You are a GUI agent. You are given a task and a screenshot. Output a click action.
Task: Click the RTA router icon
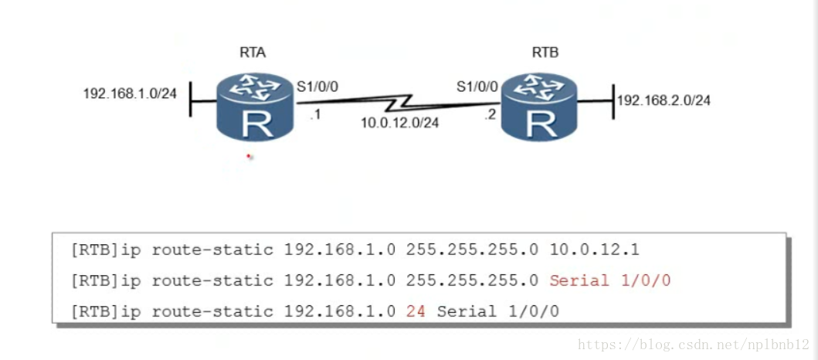click(x=256, y=107)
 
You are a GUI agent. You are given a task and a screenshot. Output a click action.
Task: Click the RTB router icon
click(x=539, y=107)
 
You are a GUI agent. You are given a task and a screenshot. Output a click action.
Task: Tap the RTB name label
click(x=545, y=53)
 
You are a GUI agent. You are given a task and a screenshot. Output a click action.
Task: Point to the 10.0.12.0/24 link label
click(x=399, y=121)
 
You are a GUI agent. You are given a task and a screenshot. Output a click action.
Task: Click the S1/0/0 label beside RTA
click(x=317, y=87)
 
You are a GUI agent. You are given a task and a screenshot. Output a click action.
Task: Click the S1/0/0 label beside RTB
click(x=477, y=87)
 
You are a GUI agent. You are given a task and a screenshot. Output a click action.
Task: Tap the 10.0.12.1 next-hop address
click(x=596, y=250)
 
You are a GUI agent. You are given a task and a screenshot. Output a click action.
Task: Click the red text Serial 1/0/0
click(x=609, y=280)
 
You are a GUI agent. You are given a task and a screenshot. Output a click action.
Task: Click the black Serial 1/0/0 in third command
click(x=497, y=311)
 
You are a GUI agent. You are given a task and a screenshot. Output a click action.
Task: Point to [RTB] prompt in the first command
click(x=93, y=250)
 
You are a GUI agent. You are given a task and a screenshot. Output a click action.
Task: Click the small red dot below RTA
click(x=248, y=156)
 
